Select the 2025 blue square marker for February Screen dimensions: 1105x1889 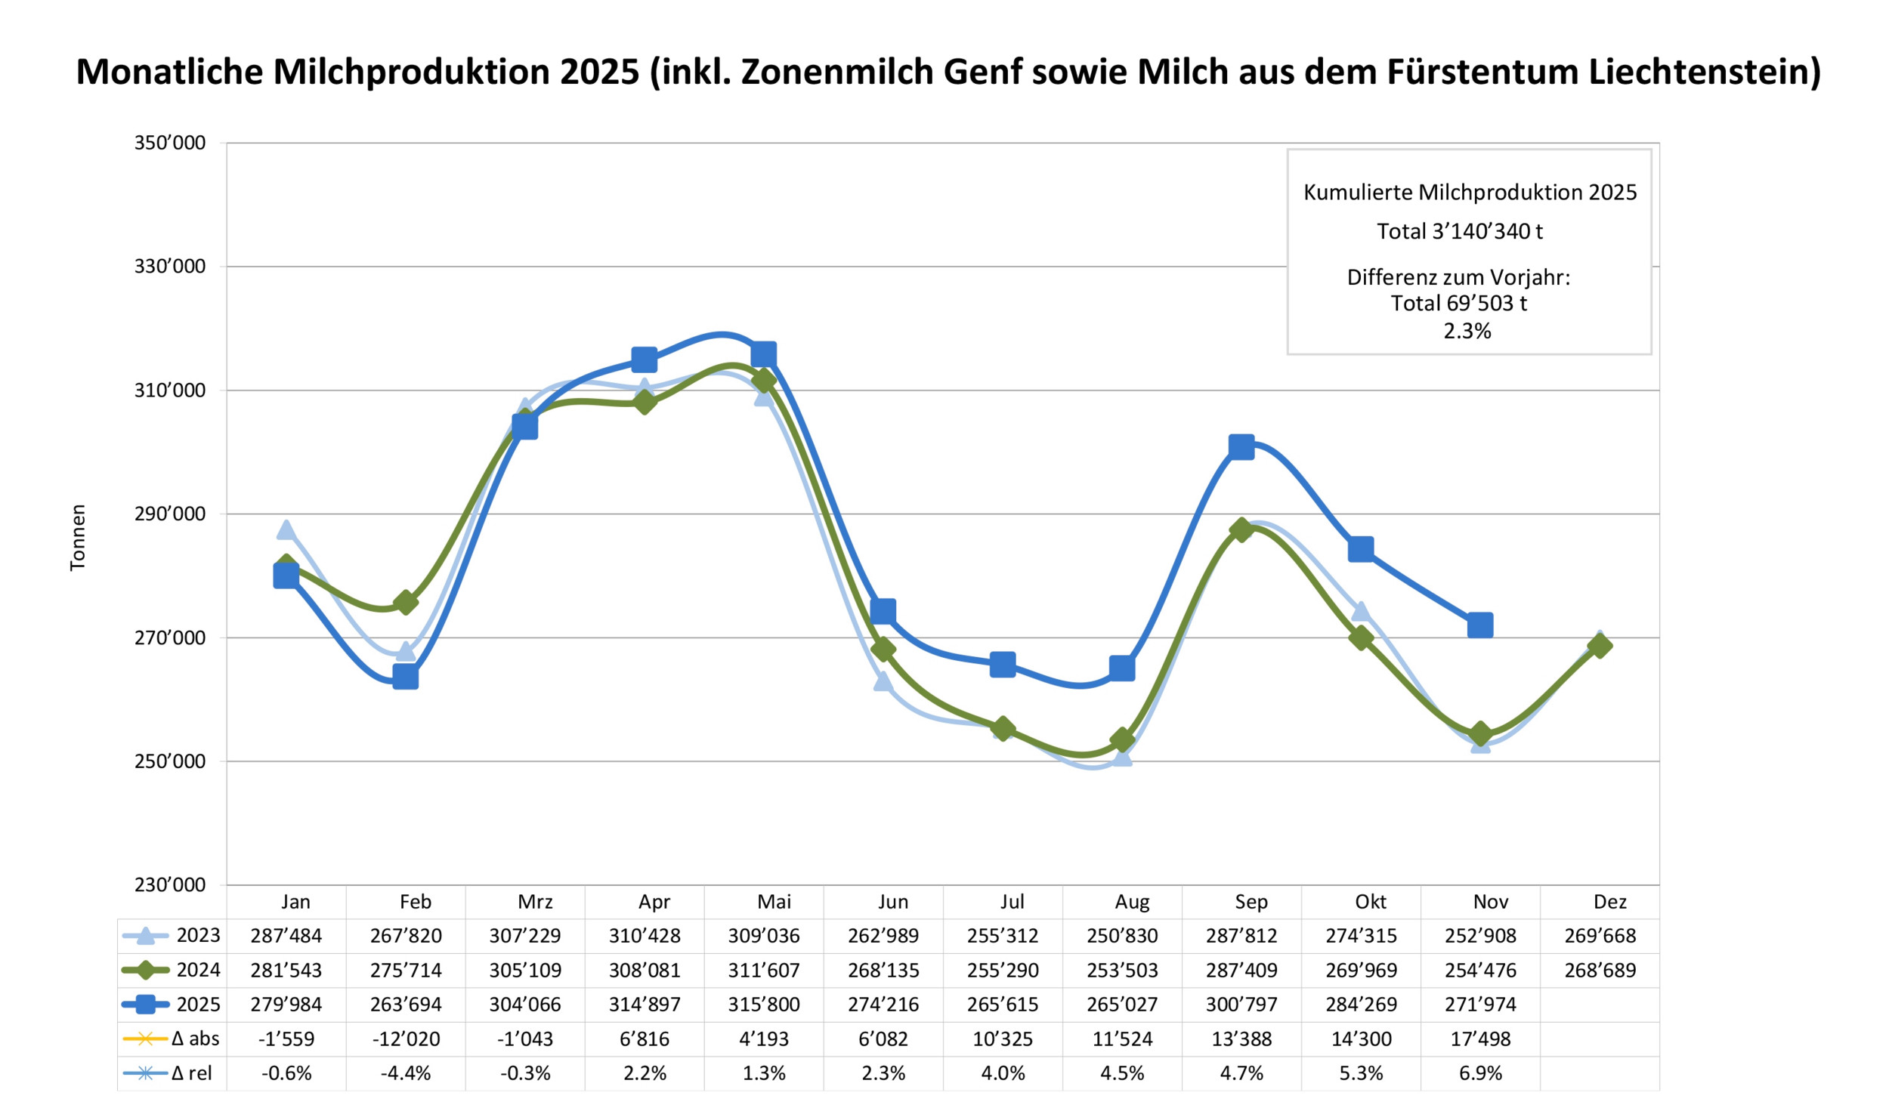coord(406,678)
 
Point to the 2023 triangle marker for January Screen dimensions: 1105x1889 coord(286,530)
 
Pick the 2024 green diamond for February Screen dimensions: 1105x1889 coord(406,603)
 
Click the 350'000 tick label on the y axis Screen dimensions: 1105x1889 coord(170,143)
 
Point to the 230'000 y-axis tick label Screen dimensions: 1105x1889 coord(170,884)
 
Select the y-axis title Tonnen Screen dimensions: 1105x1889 coord(78,537)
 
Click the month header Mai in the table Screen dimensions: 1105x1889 coord(774,902)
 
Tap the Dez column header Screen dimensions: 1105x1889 coord(1609,902)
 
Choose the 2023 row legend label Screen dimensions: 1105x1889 coord(198,935)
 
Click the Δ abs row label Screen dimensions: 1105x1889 coord(195,1039)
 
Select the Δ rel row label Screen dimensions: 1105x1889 coord(192,1073)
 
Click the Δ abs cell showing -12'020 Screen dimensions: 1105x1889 coord(406,1039)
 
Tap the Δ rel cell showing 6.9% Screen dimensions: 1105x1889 coord(1480,1073)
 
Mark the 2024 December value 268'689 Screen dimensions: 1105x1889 coord(1600,970)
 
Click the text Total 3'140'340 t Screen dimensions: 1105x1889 coord(1459,231)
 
